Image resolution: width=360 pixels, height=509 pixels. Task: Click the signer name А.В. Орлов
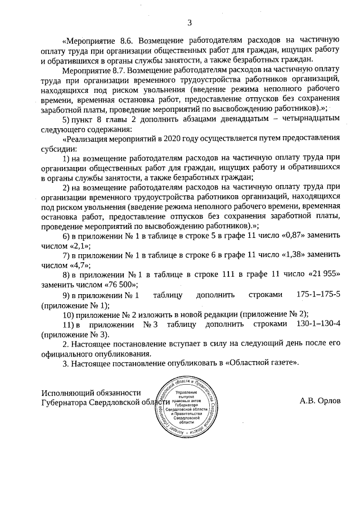coord(321,402)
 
